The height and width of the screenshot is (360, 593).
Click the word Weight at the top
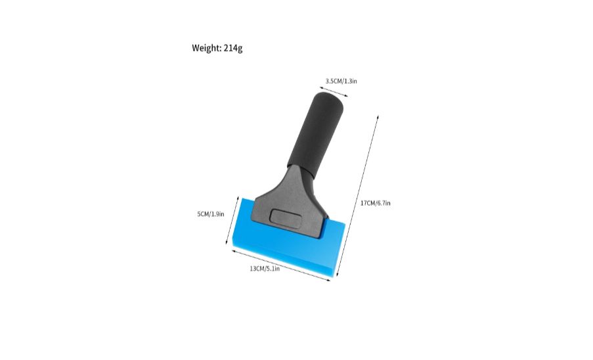[206, 48]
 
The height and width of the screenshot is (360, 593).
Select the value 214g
[233, 48]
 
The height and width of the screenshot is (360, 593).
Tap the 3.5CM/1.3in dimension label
[341, 81]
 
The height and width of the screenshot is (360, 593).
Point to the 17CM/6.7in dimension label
[375, 203]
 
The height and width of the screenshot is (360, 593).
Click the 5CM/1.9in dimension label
[211, 214]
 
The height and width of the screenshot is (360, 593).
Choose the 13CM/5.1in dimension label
[265, 269]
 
